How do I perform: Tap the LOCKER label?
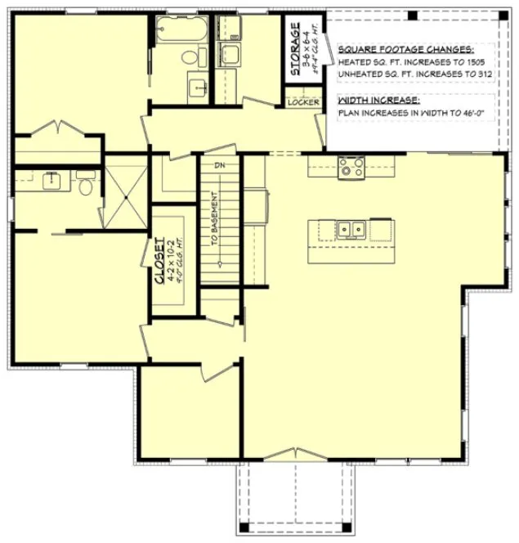pos(302,102)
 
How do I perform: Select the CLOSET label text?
pos(161,261)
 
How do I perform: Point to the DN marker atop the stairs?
pos(219,165)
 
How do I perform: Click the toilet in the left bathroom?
pos(84,182)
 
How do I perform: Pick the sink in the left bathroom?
pos(54,180)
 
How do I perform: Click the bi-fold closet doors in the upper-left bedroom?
pos(56,128)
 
